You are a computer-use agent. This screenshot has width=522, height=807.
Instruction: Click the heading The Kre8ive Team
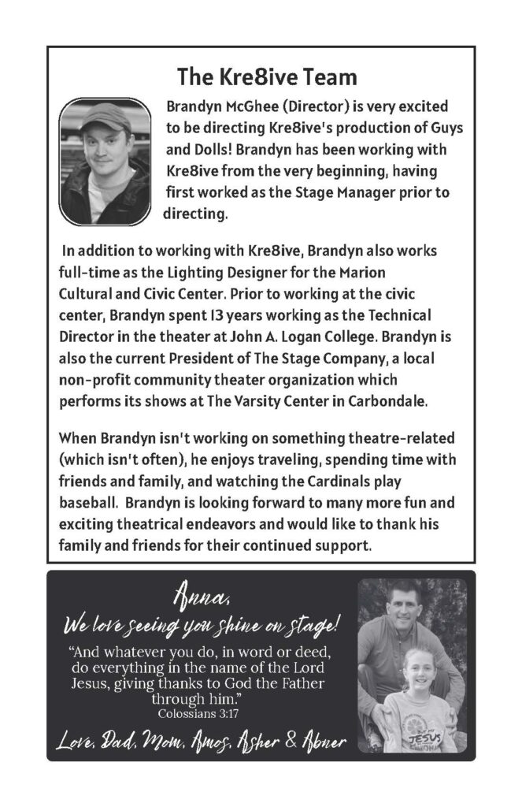[267, 77]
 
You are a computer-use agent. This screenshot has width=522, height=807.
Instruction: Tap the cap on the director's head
[104, 117]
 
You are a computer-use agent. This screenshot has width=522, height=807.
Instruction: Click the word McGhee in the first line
[253, 106]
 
